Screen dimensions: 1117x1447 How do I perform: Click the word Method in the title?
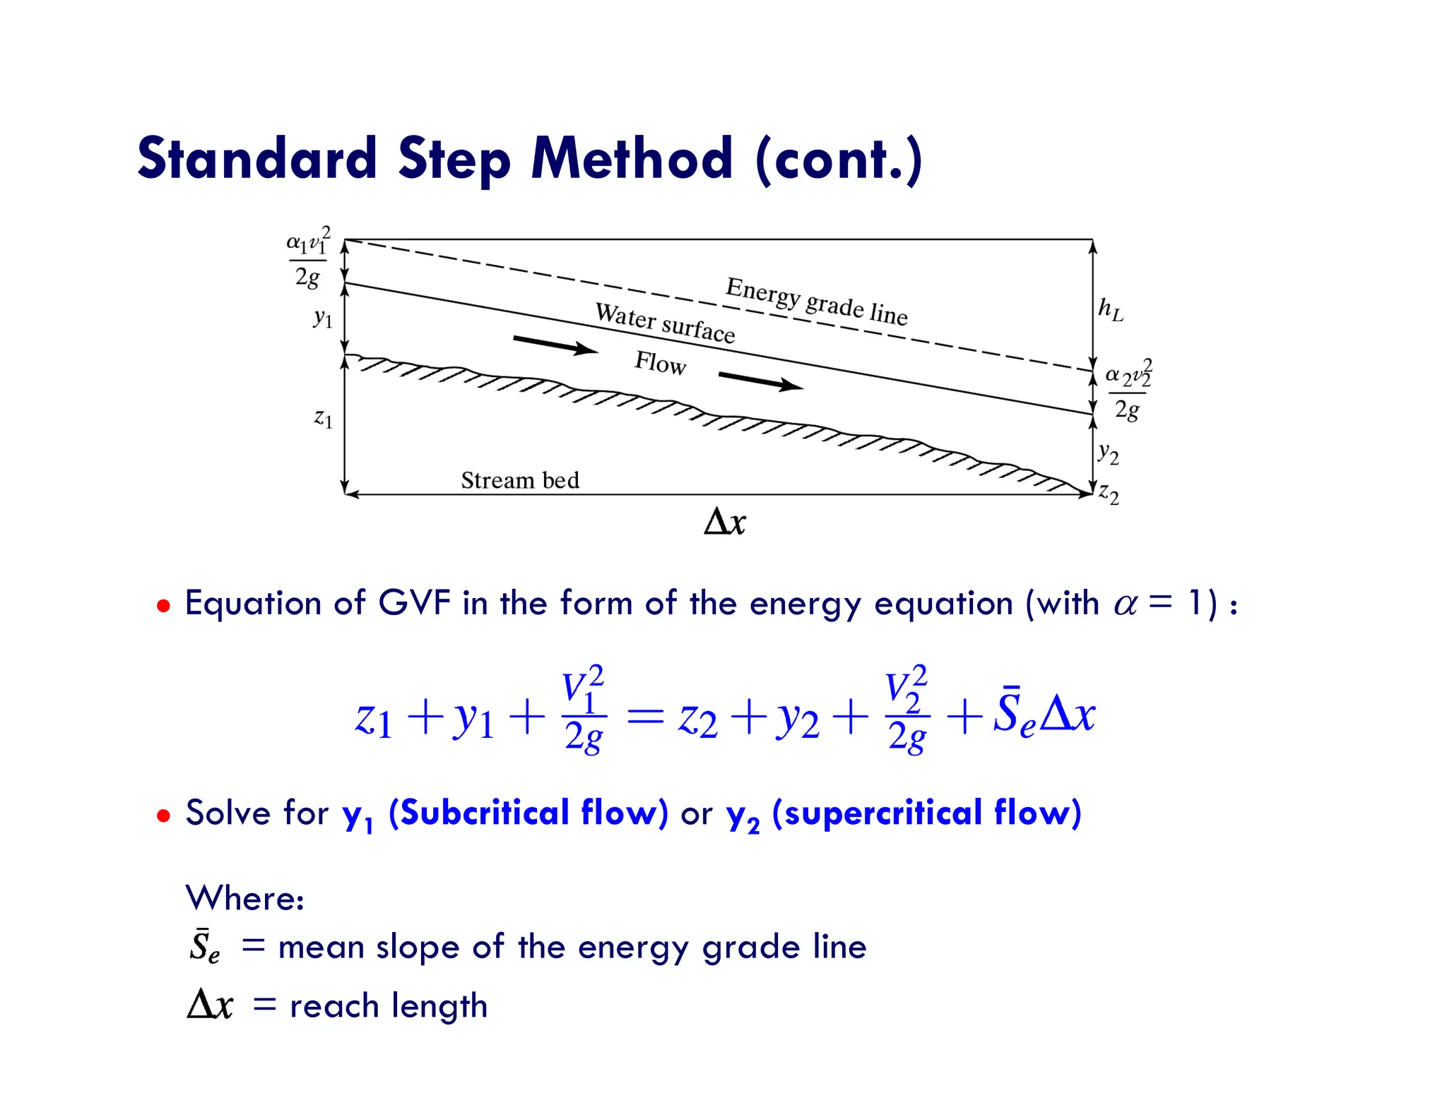click(631, 159)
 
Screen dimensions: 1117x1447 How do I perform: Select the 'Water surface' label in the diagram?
click(665, 323)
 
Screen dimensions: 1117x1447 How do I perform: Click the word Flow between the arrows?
click(660, 363)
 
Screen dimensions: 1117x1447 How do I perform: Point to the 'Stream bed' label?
click(520, 480)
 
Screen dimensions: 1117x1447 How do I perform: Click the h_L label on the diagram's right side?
click(1110, 309)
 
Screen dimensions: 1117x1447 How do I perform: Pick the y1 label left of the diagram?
click(323, 318)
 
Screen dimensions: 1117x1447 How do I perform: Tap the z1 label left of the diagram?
click(323, 418)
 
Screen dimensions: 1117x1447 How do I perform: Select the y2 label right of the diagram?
click(1108, 453)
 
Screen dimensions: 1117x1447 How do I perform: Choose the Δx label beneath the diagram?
click(725, 523)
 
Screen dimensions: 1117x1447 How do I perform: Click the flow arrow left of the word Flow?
click(555, 345)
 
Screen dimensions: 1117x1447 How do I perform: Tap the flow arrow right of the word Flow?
click(760, 381)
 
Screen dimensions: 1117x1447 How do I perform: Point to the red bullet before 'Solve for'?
click(164, 816)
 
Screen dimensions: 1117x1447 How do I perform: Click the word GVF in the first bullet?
click(414, 604)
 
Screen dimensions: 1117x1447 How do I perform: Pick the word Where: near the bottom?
click(244, 898)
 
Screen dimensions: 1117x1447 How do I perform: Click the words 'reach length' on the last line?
click(389, 1006)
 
